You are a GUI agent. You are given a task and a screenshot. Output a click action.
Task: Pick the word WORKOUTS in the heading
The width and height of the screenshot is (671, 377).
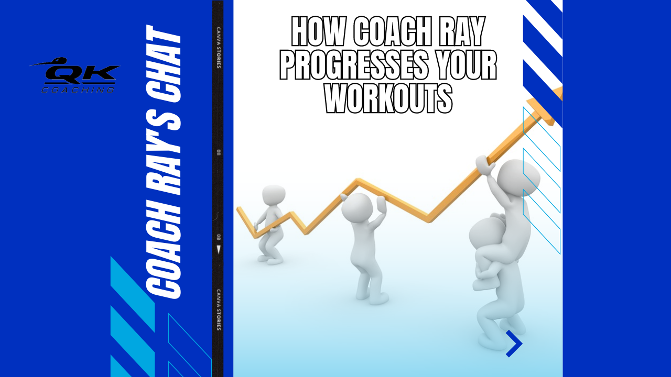(x=388, y=97)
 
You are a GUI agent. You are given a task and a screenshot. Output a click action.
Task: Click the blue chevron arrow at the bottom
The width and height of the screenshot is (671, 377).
(x=514, y=343)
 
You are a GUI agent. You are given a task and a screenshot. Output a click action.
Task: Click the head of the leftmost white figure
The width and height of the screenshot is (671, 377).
(x=274, y=194)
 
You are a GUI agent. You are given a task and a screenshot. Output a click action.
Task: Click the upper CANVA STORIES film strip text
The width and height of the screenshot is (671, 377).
(x=218, y=47)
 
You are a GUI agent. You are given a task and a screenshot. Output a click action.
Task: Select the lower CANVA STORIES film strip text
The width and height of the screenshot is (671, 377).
(x=218, y=309)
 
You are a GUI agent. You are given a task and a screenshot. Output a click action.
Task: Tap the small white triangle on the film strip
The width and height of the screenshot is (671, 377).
(x=219, y=250)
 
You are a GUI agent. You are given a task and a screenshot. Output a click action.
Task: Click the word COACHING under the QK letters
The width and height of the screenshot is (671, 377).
(x=78, y=90)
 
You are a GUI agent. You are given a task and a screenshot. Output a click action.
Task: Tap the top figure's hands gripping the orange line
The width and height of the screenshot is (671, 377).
(x=484, y=163)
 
